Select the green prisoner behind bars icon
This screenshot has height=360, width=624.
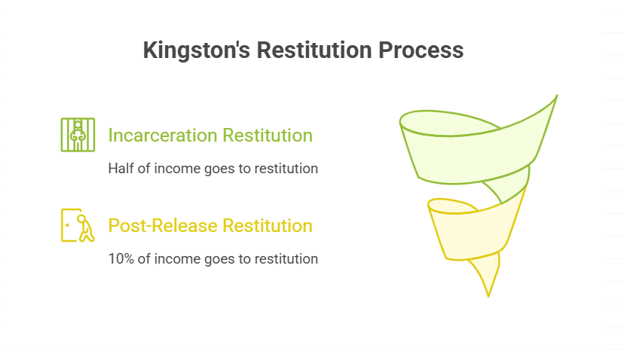coord(78,134)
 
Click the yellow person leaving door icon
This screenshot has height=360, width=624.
coord(78,225)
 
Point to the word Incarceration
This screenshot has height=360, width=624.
coord(161,136)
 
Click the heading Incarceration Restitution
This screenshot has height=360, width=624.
coord(210,136)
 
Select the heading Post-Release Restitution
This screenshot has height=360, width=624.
coord(210,225)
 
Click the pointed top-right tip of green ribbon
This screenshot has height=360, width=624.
coord(556,96)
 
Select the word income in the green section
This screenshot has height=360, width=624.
coord(179,169)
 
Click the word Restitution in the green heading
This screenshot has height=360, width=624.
coord(266,136)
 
